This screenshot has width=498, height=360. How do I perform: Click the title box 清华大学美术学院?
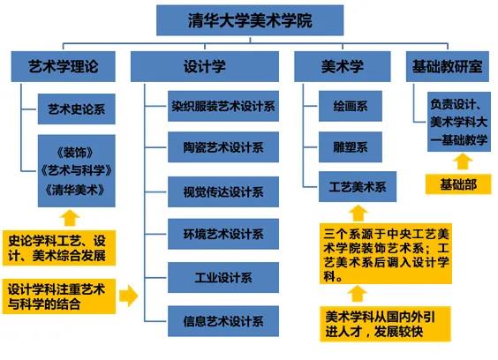[x=250, y=20]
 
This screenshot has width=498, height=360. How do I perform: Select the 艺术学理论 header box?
[x=64, y=67]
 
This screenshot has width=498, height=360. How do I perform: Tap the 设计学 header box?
[x=205, y=67]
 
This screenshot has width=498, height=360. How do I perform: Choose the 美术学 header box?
[x=343, y=67]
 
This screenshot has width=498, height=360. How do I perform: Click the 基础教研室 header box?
[x=448, y=67]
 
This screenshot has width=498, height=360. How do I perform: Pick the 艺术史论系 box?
[x=77, y=109]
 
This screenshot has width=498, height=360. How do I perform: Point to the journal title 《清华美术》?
[x=75, y=191]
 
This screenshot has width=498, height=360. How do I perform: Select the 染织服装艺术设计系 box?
[x=223, y=106]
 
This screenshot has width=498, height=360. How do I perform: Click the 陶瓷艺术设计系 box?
[x=223, y=147]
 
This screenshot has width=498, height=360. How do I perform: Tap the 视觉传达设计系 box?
[x=223, y=191]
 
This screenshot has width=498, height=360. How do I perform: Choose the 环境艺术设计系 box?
[x=223, y=234]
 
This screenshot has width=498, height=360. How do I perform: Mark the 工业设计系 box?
[x=223, y=277]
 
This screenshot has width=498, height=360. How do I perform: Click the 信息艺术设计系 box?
[x=223, y=321]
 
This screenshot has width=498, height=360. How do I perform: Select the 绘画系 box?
[x=351, y=106]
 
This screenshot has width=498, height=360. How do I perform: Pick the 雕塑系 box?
[x=351, y=147]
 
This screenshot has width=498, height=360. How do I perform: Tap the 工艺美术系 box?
[x=358, y=187]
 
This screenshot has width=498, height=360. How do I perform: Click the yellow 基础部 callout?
[x=458, y=184]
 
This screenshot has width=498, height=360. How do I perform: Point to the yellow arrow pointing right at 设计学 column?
[x=129, y=296]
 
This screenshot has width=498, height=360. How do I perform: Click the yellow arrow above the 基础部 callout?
[x=463, y=161]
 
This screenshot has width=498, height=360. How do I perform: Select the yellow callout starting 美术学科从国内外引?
[x=385, y=324]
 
